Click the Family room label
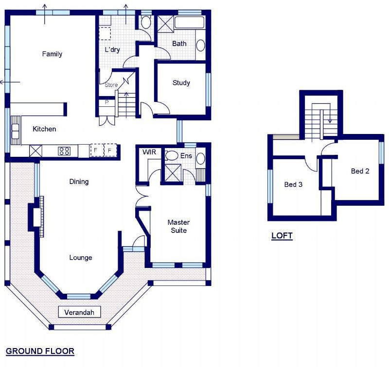52,54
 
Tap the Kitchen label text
44,129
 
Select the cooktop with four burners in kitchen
64,151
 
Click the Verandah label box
79,312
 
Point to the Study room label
181,83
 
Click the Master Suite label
178,226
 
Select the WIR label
148,152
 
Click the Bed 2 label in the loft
359,171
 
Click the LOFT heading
282,236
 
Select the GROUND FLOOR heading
40,350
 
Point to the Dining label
79,182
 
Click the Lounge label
80,257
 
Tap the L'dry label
112,50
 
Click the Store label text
111,85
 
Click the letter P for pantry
107,102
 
